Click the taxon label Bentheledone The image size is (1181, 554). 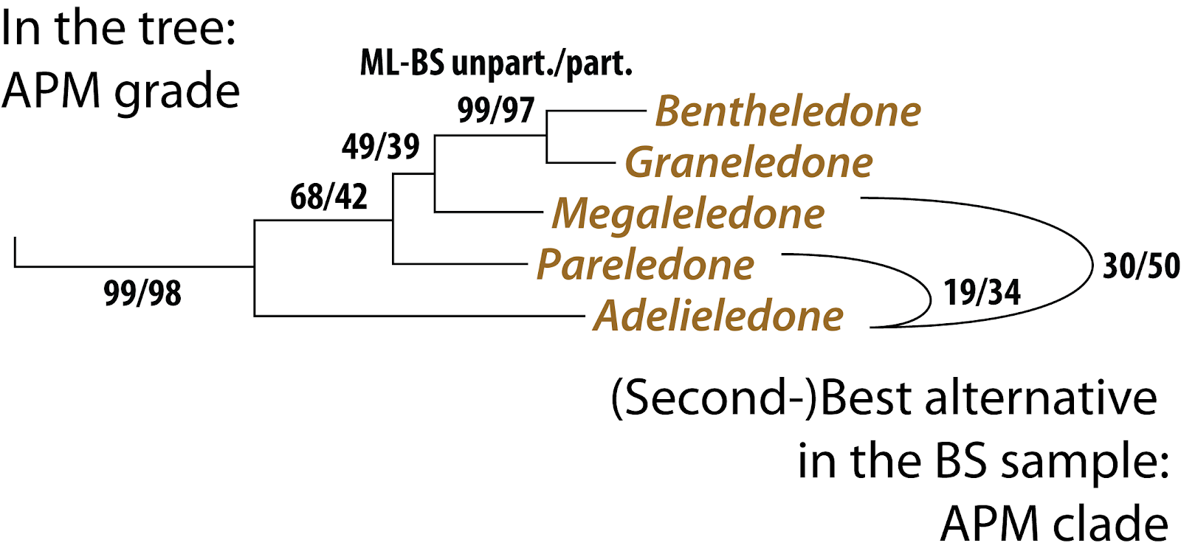788,111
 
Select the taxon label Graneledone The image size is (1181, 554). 748,162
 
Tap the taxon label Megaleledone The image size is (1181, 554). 688,213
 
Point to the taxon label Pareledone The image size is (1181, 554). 645,264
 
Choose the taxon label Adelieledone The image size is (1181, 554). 718,316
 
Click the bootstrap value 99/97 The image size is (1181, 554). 495,110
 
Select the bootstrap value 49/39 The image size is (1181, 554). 380,147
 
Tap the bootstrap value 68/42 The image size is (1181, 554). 328,197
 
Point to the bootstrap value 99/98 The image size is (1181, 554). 142,293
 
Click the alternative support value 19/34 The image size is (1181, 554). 982,293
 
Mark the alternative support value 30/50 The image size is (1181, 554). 1140,266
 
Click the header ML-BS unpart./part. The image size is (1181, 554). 495,63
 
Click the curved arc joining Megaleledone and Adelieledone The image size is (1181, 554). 1092,262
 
